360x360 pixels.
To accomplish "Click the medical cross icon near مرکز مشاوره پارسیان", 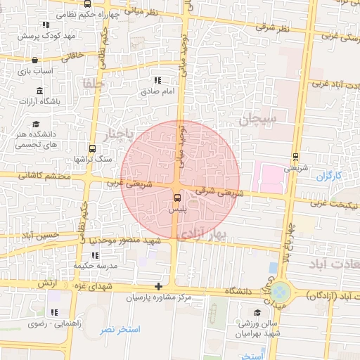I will (159, 286).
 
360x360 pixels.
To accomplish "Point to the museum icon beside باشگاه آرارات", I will (39, 91).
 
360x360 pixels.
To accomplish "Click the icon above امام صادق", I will (157, 80).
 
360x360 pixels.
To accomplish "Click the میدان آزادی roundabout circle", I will (281, 290).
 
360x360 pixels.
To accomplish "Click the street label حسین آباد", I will (38, 234).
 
